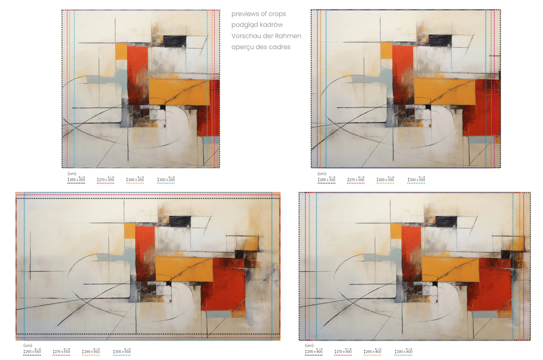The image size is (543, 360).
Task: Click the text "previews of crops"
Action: click(259, 14)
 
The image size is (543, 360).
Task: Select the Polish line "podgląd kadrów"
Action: click(257, 25)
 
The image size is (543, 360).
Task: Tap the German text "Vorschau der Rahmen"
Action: click(266, 36)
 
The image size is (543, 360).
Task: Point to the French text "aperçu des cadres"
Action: click(261, 47)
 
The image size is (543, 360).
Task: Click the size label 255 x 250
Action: click(76, 180)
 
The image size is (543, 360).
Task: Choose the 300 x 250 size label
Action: click(166, 180)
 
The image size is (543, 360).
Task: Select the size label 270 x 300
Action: click(356, 180)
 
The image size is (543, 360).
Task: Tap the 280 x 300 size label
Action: click(385, 180)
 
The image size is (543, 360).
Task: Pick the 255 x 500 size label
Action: click(32, 351)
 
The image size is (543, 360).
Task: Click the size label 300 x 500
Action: click(122, 351)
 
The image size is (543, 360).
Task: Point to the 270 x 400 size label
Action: click(343, 351)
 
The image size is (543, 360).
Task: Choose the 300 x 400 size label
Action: click(403, 351)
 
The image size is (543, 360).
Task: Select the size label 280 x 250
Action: click(135, 180)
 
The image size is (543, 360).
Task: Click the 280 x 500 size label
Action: click(91, 351)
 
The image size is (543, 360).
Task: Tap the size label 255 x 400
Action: click(314, 351)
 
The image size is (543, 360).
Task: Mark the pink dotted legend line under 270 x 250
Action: click(106, 183)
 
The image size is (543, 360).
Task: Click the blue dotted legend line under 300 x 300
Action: click(416, 183)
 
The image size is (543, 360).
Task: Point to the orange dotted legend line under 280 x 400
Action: click(373, 355)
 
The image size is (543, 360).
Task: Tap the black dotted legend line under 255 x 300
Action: click(327, 183)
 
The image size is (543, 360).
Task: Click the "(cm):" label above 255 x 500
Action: click(28, 345)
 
